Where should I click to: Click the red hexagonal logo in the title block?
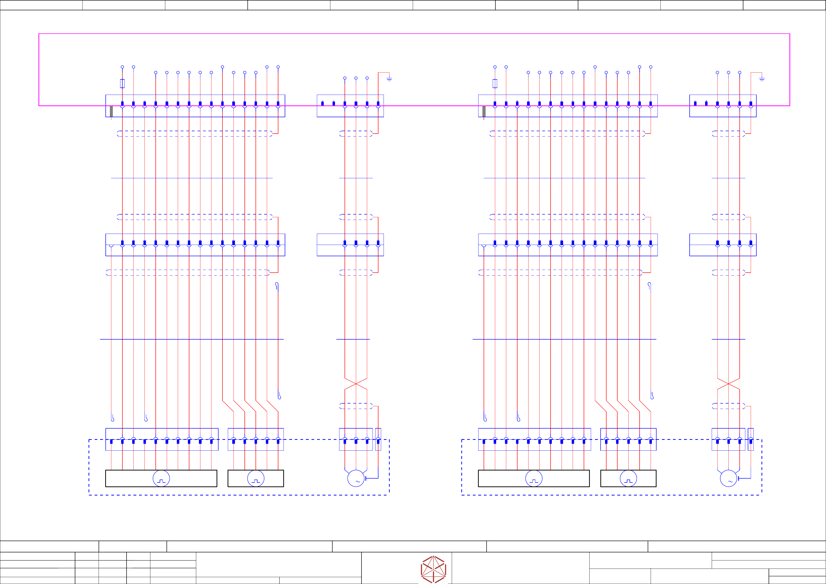434,569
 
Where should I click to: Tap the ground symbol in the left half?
389,79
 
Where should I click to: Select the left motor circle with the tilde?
356,478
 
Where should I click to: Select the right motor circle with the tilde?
728,478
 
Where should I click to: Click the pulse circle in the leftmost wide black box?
161,478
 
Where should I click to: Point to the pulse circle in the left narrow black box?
256,478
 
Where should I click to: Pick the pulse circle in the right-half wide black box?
534,478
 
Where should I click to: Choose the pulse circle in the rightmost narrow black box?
629,478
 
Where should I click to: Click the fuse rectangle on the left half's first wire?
122,83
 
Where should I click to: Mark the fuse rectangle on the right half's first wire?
495,83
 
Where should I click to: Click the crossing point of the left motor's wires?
356,384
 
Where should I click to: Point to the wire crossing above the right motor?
728,384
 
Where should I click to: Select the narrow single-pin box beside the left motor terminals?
378,439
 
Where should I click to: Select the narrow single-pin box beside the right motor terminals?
751,439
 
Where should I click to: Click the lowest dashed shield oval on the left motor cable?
356,406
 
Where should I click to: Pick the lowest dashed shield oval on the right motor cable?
728,406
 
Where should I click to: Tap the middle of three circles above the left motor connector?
356,78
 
